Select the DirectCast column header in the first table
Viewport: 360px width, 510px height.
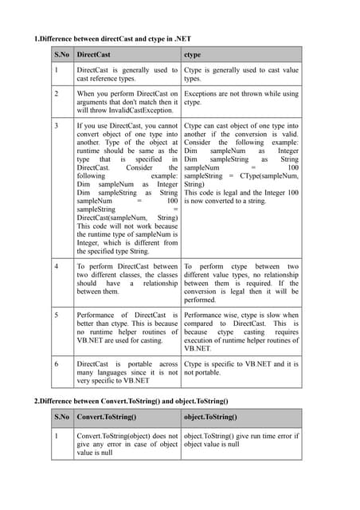click(94, 55)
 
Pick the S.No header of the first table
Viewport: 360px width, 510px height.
click(61, 55)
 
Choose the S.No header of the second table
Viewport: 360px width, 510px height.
click(61, 416)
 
